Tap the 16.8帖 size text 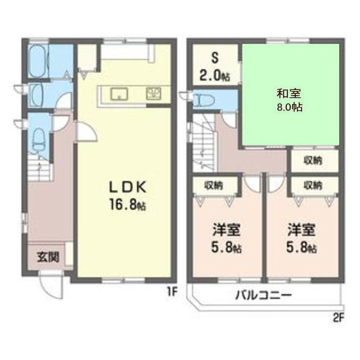click(125, 206)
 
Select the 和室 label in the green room click(290, 93)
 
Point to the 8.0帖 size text click(290, 106)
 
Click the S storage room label click(214, 57)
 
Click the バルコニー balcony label click(263, 294)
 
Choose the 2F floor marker click(337, 317)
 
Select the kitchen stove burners click(154, 94)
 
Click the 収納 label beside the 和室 click(314, 160)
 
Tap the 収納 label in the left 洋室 click(213, 184)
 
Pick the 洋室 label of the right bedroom click(301, 230)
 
